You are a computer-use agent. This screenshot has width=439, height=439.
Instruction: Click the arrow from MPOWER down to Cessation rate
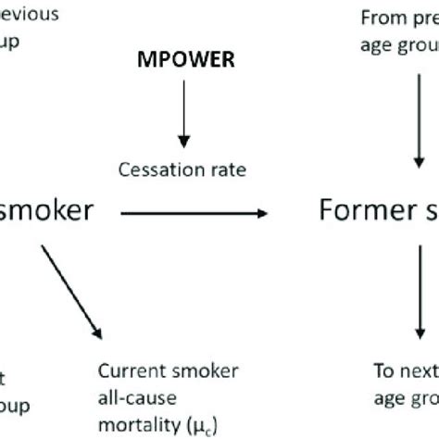coord(184,116)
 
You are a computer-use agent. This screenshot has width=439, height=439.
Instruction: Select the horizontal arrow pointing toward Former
coord(194,213)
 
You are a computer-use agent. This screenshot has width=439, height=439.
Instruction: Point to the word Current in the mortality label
coord(129,372)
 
